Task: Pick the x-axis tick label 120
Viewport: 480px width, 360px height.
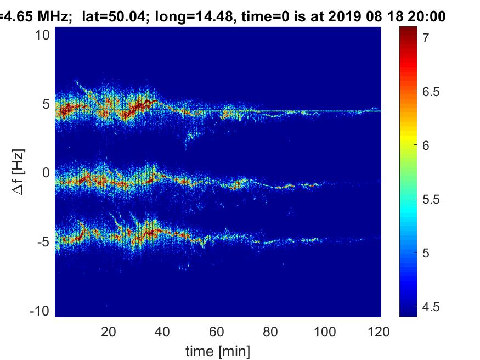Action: coord(380,331)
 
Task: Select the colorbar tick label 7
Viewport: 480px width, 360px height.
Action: coord(426,38)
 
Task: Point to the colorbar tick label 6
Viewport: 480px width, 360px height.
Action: coord(426,145)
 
